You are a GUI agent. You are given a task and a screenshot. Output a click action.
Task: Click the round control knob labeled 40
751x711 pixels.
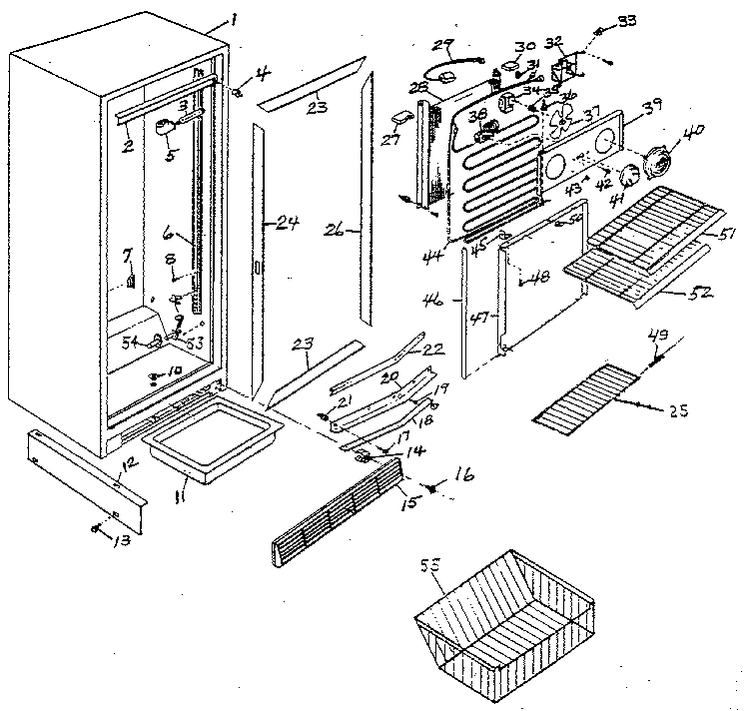657,160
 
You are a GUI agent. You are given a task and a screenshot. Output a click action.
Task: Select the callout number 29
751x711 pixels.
440,45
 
